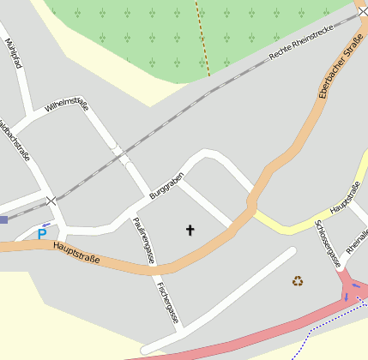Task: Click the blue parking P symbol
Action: click(x=41, y=233)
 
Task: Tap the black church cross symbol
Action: click(x=190, y=230)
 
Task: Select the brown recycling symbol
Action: click(x=298, y=280)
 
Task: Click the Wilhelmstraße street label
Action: click(x=67, y=117)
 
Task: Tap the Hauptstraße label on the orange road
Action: click(x=76, y=253)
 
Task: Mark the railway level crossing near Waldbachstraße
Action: click(x=51, y=201)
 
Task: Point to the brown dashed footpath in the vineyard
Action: click(x=202, y=39)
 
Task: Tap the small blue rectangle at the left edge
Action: click(x=3, y=219)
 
